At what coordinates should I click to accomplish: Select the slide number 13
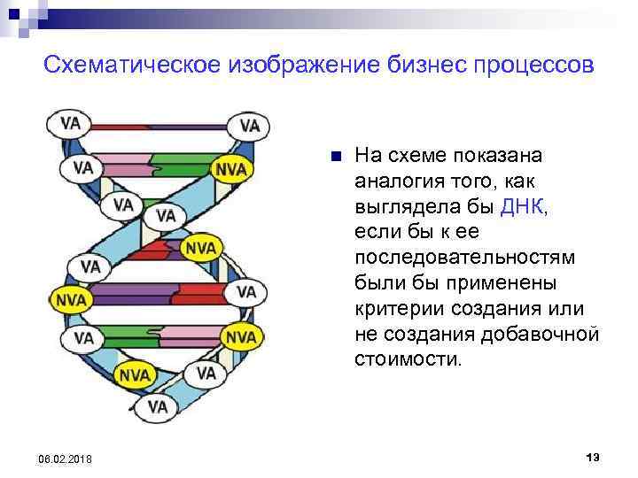coord(593,456)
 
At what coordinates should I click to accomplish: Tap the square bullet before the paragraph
coord(334,158)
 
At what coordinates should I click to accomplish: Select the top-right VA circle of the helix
coord(250,126)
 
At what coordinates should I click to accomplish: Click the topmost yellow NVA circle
coord(231,168)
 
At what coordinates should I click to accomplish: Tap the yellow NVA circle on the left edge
coord(71,299)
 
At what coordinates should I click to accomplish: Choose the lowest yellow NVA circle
coord(135,374)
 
